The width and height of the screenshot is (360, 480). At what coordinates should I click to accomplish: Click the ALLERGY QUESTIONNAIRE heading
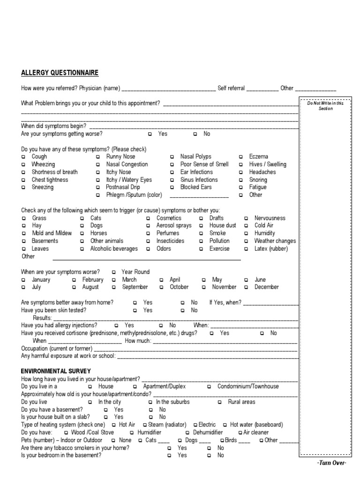tap(60, 73)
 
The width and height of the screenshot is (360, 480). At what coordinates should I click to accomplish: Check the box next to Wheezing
tap(23, 165)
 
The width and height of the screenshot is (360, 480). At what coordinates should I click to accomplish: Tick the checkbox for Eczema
tap(240, 157)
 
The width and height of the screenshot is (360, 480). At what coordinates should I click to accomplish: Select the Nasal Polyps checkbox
tap(172, 157)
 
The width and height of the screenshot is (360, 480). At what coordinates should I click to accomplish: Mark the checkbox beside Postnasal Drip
tap(98, 187)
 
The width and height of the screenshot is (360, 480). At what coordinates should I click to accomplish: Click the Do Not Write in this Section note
tap(325, 106)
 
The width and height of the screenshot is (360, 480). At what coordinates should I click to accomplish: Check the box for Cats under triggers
tap(82, 218)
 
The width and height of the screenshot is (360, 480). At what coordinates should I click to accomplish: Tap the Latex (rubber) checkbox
tap(246, 249)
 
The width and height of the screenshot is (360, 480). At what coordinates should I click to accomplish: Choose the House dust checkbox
tap(201, 226)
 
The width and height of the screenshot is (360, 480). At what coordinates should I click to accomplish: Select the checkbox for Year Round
tap(113, 272)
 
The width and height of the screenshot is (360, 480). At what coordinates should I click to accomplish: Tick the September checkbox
tap(113, 287)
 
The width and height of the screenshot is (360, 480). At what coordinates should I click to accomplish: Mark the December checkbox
tap(246, 287)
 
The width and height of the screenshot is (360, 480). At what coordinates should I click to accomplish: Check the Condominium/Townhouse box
tap(209, 387)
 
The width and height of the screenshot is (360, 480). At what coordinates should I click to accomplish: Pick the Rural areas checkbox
tap(219, 402)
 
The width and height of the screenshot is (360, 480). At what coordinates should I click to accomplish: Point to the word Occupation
tap(34, 349)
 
